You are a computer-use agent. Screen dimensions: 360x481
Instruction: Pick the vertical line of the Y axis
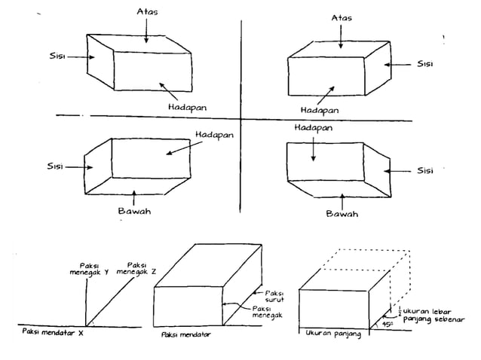89,301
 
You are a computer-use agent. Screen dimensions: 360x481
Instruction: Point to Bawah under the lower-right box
342,214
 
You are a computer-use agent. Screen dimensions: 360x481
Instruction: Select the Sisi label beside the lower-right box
425,171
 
